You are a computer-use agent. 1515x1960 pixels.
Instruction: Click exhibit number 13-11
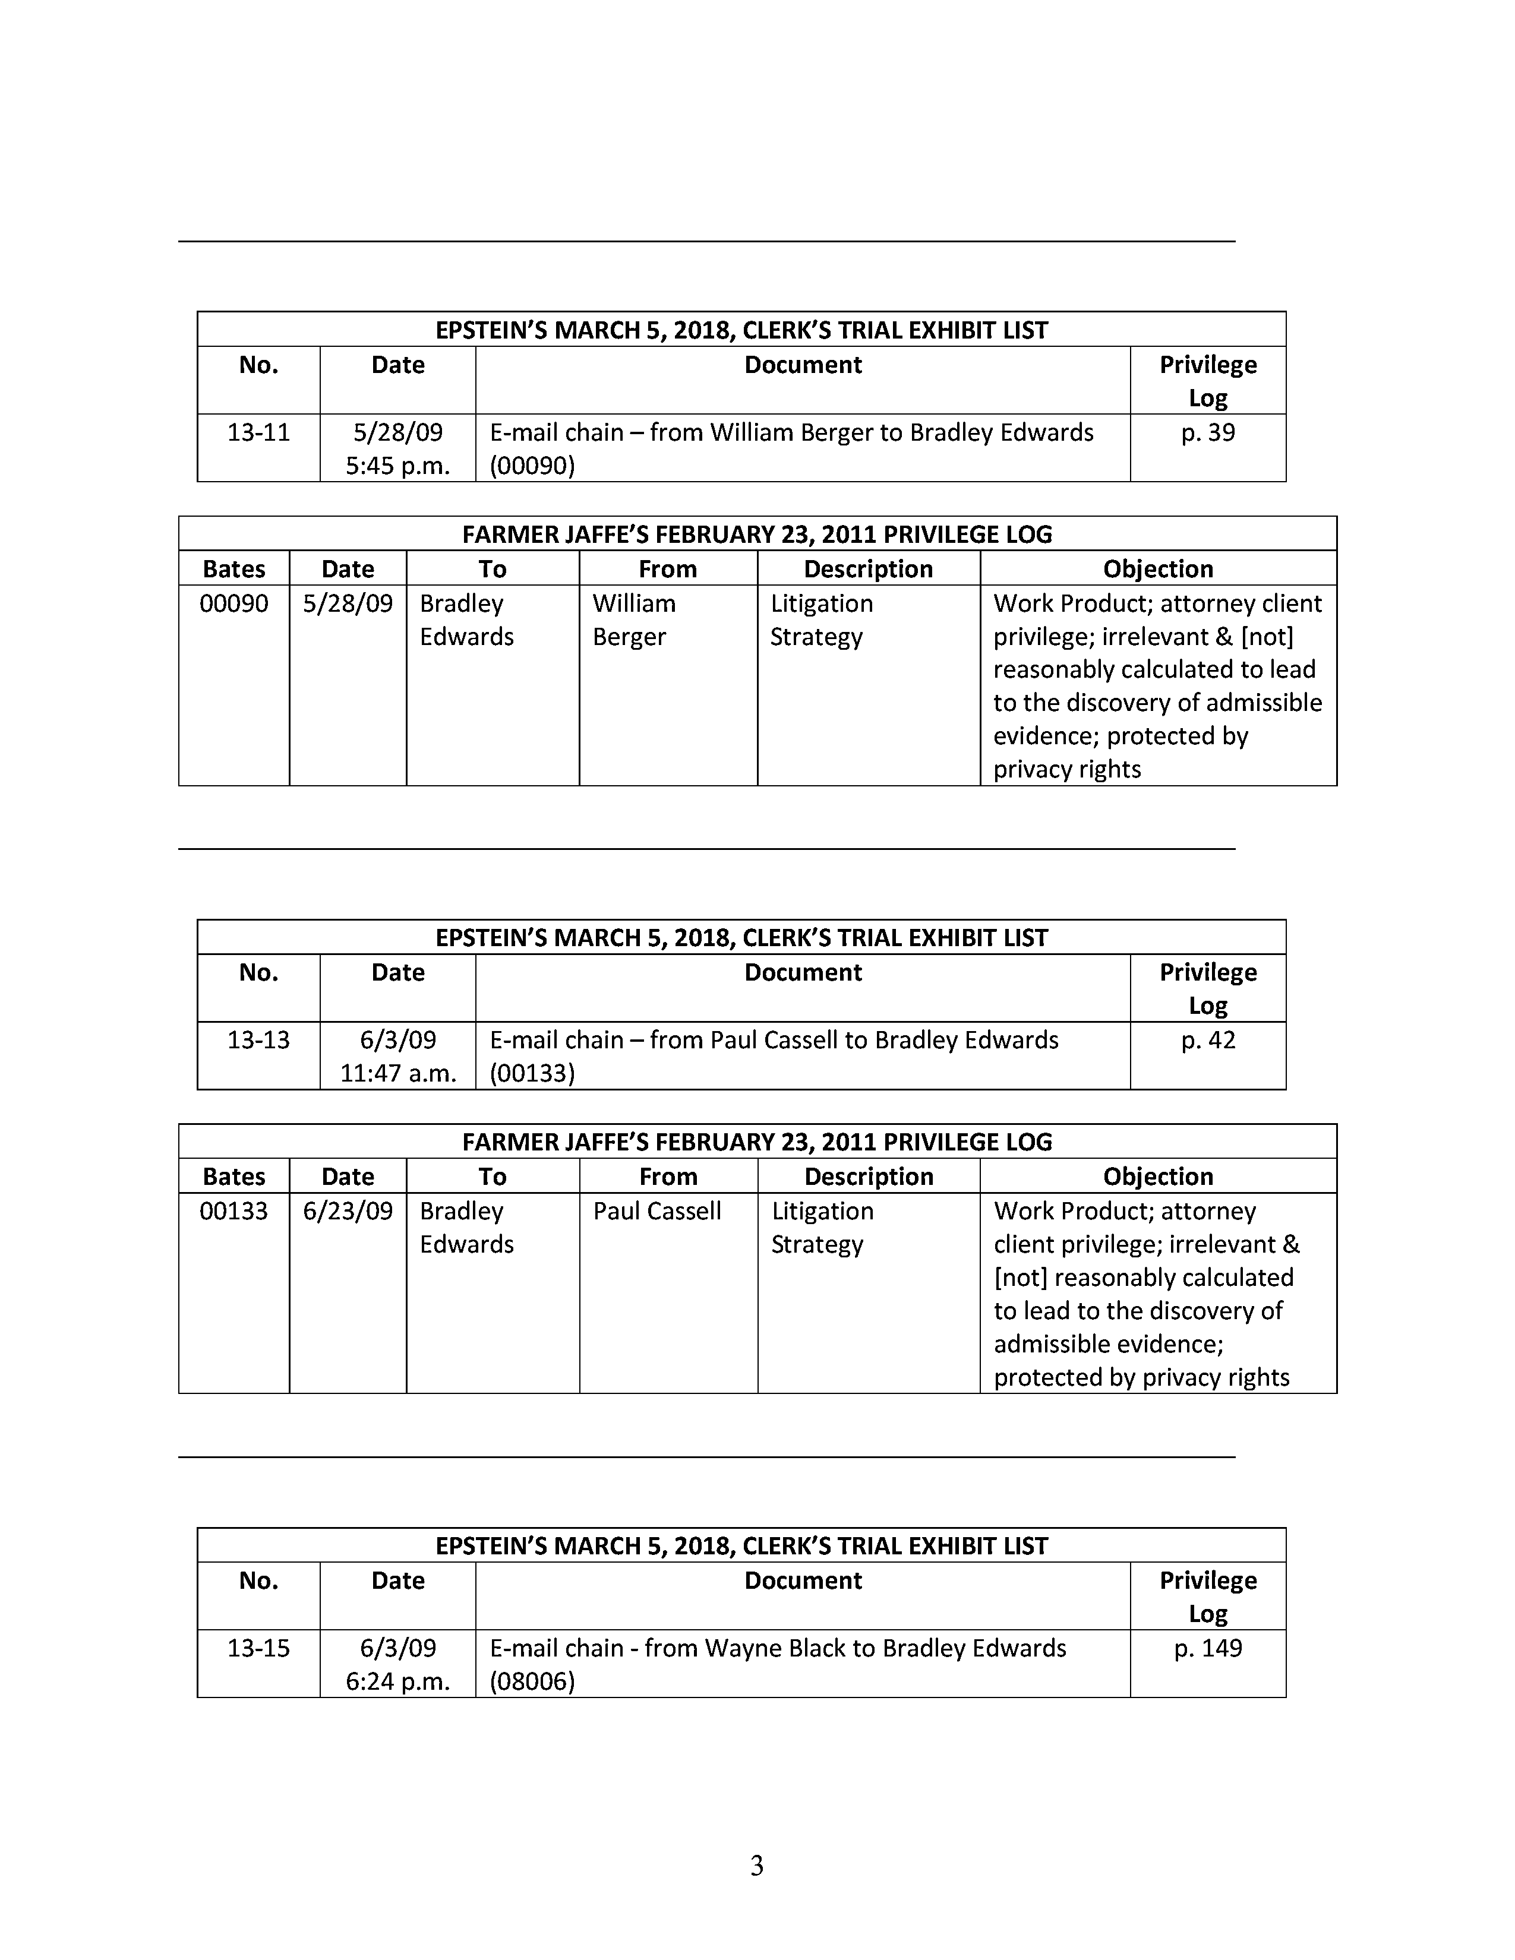pos(258,432)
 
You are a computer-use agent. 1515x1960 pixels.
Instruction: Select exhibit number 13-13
pos(258,1040)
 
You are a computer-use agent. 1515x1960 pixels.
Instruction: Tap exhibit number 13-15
pos(258,1648)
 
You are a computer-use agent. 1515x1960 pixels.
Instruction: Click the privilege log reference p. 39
pos(1208,432)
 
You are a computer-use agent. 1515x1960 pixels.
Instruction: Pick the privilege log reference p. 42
pos(1208,1040)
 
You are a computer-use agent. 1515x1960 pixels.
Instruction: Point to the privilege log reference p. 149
pos(1208,1648)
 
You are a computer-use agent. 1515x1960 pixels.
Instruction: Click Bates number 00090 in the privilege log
pos(233,603)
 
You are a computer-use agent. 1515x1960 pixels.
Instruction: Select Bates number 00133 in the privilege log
pos(233,1210)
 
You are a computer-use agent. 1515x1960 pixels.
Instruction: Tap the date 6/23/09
pos(348,1210)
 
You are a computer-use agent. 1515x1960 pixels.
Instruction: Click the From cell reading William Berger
pos(634,620)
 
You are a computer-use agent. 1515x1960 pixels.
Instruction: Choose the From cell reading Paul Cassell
pos(657,1210)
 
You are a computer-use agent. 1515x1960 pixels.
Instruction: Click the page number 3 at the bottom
pos(756,1866)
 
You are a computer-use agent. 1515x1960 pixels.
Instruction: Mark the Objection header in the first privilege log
pos(1158,569)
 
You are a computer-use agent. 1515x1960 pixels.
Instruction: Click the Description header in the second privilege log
pos(869,1177)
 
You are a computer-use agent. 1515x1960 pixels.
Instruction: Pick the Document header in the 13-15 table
pos(803,1580)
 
